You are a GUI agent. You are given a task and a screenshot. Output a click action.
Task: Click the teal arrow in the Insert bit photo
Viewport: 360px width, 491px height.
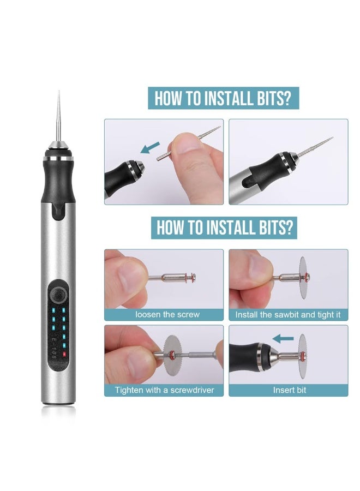283,339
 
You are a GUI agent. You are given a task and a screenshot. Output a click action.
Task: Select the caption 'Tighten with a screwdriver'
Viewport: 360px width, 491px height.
164,390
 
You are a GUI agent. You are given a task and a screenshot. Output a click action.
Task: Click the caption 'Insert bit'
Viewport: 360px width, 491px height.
289,390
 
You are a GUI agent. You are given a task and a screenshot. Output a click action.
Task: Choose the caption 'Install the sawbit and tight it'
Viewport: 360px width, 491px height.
289,315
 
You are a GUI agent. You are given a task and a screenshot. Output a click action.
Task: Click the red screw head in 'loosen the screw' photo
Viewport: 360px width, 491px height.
192,278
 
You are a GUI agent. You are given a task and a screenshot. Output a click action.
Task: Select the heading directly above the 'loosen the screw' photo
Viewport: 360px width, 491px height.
224,227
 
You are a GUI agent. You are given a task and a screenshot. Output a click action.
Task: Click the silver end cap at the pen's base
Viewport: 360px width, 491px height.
58,400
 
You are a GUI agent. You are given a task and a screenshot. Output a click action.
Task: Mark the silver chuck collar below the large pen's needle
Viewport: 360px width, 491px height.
58,150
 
